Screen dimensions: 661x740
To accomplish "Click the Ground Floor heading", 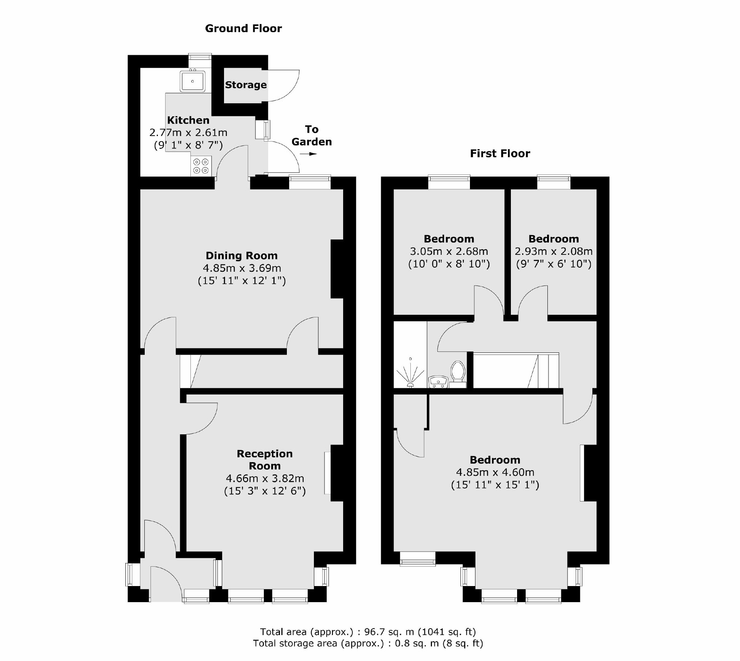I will tap(243, 29).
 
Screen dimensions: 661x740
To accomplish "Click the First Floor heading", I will tap(500, 154).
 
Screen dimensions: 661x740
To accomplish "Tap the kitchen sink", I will tap(192, 81).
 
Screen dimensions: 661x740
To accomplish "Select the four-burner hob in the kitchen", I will tap(201, 166).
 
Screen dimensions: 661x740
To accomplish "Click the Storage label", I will tap(246, 85).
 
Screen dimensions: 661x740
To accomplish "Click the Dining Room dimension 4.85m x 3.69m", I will tap(242, 268).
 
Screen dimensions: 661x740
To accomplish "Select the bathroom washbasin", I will tap(438, 382).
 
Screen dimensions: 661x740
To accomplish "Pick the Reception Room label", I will tap(265, 460).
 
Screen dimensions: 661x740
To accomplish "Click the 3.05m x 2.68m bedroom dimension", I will tap(449, 252).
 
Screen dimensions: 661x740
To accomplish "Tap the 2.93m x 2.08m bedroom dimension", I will tap(553, 252).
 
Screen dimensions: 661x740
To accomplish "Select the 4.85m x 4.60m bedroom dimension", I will tap(495, 472).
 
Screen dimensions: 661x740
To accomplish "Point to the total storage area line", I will tap(368, 643).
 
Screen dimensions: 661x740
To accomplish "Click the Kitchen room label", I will tap(188, 120).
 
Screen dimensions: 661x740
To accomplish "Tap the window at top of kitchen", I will tap(200, 57).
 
